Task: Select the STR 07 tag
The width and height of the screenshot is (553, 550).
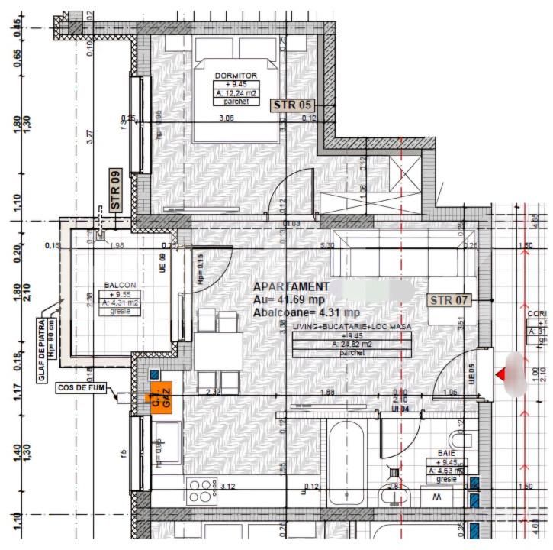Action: click(x=449, y=300)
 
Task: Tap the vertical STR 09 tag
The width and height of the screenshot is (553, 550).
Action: click(x=116, y=189)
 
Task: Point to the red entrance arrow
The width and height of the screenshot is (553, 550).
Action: click(x=501, y=374)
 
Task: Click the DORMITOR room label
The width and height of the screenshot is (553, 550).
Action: click(x=236, y=76)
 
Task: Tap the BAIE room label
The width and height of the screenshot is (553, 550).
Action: click(x=445, y=453)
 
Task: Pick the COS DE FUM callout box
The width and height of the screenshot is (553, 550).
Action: click(x=82, y=388)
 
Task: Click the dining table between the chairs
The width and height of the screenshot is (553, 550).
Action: click(x=218, y=352)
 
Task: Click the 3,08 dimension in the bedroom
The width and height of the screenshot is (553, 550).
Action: click(x=227, y=118)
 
